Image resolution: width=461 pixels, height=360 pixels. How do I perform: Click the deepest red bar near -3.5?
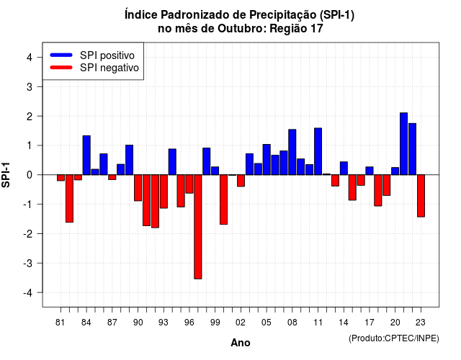(x=198, y=227)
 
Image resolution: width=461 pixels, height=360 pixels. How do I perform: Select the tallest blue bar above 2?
(x=403, y=144)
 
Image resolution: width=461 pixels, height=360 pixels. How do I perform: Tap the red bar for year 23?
(x=421, y=196)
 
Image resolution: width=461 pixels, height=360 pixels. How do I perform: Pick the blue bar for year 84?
(x=86, y=156)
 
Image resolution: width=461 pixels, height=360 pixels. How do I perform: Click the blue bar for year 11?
(x=318, y=151)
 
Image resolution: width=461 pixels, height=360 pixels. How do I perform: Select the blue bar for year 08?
(x=292, y=152)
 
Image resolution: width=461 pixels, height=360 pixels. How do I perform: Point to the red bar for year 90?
(x=138, y=188)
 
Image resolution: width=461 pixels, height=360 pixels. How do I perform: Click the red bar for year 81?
(x=61, y=178)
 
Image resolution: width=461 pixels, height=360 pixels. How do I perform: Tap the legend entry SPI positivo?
(x=92, y=55)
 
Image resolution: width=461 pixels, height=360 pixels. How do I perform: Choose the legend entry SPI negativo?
(x=94, y=68)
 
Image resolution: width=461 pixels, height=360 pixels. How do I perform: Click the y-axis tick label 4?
(x=30, y=58)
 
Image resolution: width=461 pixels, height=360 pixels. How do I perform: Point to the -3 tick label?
(x=28, y=263)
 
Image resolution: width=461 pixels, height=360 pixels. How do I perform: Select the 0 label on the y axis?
(x=30, y=175)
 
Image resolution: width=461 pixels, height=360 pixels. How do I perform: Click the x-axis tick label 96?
(x=189, y=323)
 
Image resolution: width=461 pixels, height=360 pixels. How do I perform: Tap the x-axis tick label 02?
(x=241, y=323)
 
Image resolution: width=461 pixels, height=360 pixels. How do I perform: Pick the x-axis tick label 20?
(x=395, y=323)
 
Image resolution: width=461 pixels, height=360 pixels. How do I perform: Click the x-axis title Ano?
(x=241, y=343)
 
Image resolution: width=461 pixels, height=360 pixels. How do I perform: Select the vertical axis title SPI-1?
(x=6, y=175)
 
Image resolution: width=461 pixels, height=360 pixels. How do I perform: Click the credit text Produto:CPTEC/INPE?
(x=394, y=338)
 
